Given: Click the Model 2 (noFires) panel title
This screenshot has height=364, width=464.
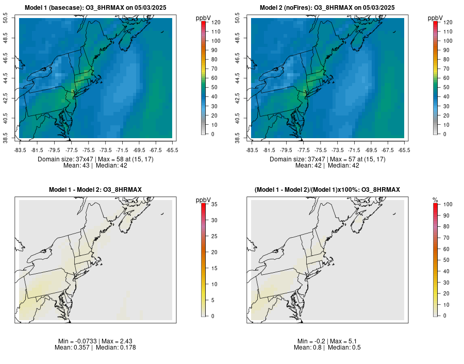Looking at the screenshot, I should pyautogui.click(x=327, y=8).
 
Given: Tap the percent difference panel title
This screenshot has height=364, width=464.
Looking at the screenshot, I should pyautogui.click(x=327, y=190).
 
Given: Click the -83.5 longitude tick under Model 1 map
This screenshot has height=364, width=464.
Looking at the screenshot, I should pyautogui.click(x=20, y=150).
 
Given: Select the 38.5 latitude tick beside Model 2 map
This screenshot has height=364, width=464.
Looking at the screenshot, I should pyautogui.click(x=239, y=138).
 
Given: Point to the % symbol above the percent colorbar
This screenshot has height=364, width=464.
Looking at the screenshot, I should pyautogui.click(x=435, y=200).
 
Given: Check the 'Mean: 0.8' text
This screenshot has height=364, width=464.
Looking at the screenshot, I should pyautogui.click(x=309, y=348).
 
